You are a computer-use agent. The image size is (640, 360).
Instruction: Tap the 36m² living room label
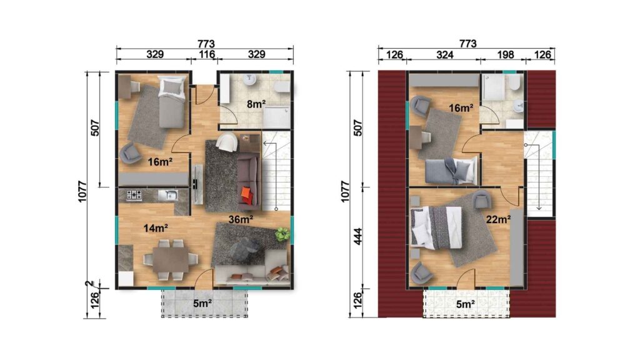[241, 219]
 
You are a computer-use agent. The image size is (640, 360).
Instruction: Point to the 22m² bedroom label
[497, 219]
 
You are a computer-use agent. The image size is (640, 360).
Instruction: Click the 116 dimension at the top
[206, 54]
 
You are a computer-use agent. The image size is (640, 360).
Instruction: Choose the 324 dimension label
[444, 54]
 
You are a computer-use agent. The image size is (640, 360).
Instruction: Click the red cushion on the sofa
[247, 195]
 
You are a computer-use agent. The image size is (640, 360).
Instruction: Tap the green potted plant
[282, 235]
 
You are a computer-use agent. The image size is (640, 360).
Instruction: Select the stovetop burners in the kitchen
[133, 196]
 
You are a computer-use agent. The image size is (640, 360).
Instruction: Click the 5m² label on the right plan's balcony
[463, 304]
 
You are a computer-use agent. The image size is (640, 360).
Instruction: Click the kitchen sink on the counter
[167, 196]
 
